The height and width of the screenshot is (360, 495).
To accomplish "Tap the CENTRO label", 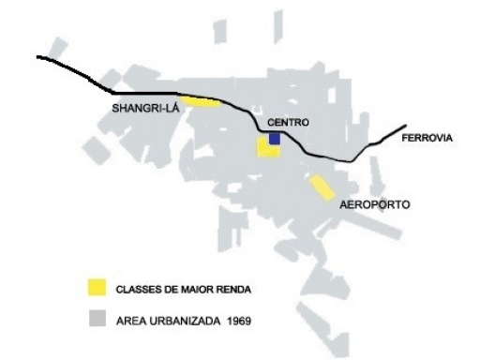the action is [x=288, y=123].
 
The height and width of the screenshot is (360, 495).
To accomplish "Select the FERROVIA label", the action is [x=426, y=139].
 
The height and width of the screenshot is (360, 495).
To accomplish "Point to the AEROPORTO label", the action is [x=375, y=204].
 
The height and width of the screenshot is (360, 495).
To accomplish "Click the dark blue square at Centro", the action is [x=275, y=138].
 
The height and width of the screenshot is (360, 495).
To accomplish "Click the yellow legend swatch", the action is [x=96, y=287].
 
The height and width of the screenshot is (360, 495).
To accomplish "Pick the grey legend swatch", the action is [x=96, y=319].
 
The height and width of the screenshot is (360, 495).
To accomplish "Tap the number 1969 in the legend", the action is [x=239, y=320].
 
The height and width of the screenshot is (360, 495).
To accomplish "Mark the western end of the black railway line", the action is [x=38, y=57].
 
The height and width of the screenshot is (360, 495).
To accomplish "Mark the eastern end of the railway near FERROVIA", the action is [x=405, y=127].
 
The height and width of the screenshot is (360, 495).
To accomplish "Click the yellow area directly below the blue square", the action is [x=268, y=151].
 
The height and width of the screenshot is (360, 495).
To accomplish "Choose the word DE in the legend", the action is [x=169, y=288].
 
